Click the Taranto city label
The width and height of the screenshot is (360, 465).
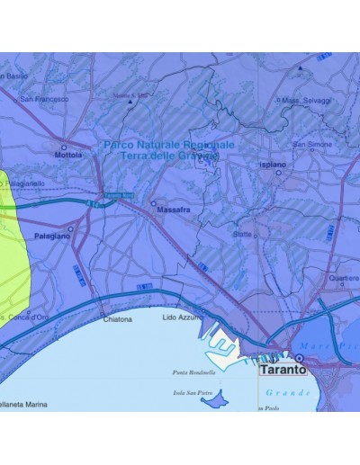click(282, 369)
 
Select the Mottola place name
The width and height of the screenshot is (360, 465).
click(69, 154)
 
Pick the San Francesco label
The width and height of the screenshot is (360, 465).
click(44, 99)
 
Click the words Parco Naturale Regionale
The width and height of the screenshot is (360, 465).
click(169, 144)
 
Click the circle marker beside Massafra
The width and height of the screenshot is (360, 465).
click(153, 203)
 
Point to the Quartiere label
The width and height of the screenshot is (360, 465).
click(344, 278)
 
